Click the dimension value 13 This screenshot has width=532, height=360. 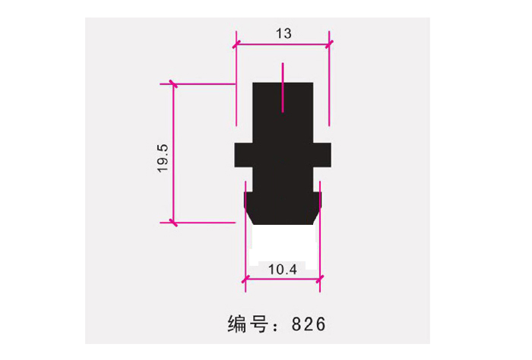click(x=283, y=33)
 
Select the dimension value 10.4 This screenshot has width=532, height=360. click(x=282, y=269)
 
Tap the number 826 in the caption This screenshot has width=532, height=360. click(x=309, y=324)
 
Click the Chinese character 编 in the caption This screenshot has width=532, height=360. click(x=239, y=324)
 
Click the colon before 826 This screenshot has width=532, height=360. click(x=280, y=325)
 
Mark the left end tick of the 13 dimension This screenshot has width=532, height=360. click(x=236, y=43)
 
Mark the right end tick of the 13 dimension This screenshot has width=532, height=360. click(x=329, y=43)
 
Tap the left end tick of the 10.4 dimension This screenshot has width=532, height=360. click(x=245, y=281)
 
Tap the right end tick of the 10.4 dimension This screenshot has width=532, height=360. click(x=319, y=281)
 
